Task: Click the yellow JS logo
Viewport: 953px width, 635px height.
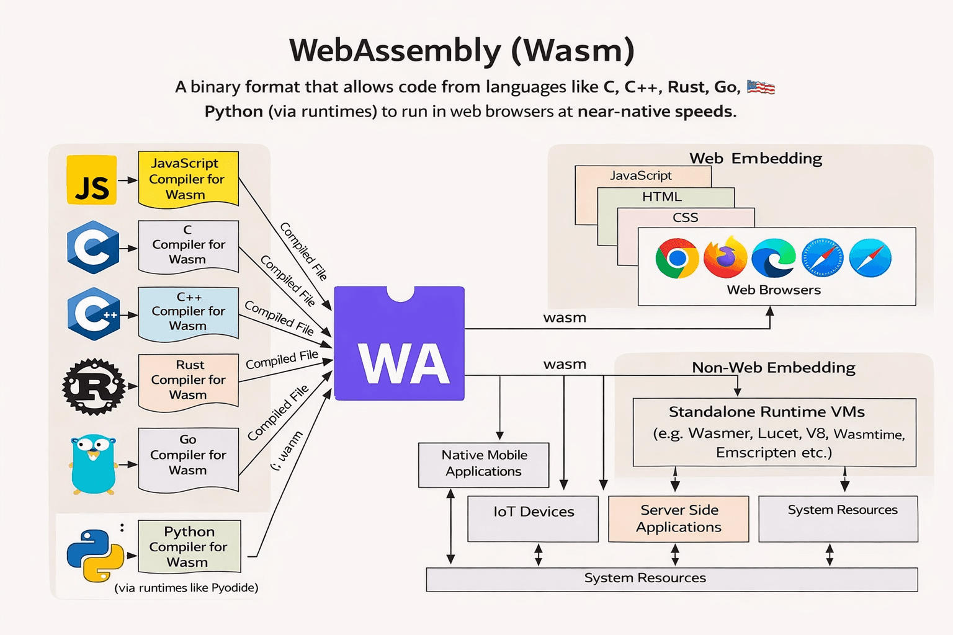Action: [92, 180]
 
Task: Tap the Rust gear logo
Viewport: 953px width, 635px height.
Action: [94, 386]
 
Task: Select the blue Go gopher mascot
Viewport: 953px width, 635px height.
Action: [94, 464]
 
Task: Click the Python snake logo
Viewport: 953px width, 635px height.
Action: [96, 555]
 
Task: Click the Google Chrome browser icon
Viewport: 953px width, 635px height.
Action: [677, 258]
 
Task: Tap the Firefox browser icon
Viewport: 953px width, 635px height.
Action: [725, 257]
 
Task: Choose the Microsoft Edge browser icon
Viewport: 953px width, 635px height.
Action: [773, 257]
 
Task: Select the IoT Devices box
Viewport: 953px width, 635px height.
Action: [533, 518]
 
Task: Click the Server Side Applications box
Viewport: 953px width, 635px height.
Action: [678, 518]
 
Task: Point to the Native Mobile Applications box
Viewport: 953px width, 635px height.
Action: [483, 464]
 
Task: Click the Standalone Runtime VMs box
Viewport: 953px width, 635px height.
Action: [774, 432]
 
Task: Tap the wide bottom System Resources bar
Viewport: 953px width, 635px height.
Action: [671, 579]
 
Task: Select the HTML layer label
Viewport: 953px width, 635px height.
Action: [662, 197]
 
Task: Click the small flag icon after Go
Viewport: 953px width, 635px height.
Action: [761, 87]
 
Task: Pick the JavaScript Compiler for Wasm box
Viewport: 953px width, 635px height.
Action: [188, 179]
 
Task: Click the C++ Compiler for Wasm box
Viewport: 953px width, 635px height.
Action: [188, 312]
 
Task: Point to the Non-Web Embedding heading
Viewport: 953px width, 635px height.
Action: [773, 368]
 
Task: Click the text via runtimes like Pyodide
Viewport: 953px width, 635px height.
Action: [186, 588]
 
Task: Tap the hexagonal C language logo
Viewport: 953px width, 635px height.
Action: [93, 247]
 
